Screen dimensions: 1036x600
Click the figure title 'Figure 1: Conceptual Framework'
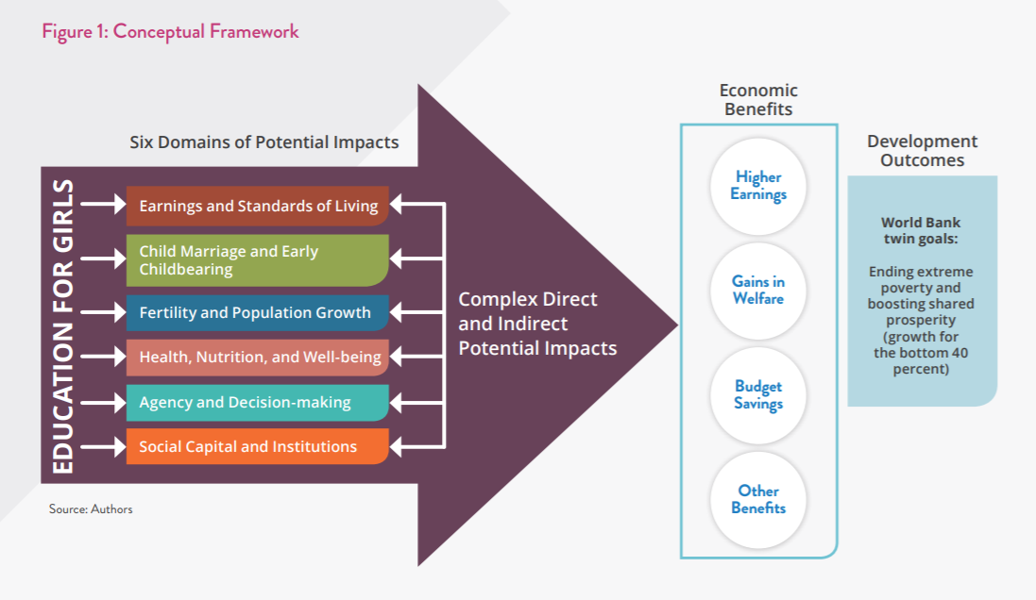171,32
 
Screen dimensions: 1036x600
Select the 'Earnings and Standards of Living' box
258,206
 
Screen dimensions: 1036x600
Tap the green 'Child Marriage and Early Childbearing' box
258,260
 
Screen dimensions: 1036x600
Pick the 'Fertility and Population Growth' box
258,312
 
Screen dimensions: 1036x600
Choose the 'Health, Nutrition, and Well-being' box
258,358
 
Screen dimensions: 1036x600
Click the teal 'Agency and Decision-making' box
258,402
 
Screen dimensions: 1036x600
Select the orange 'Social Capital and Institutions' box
258,447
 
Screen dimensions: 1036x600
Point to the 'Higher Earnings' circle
758,186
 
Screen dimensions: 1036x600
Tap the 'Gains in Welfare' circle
758,291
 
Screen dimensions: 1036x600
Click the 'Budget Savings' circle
758,395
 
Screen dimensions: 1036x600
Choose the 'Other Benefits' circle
758,500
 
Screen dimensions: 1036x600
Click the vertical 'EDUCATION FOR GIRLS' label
62,326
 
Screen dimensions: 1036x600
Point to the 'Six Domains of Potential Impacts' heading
264,142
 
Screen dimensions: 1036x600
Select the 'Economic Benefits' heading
758,100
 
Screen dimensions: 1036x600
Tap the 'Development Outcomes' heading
923,151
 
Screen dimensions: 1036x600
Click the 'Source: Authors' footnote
91,508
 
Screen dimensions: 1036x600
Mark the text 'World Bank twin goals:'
921,230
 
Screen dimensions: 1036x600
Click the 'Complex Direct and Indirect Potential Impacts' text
537,324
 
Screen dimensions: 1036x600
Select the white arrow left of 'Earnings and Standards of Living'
103,204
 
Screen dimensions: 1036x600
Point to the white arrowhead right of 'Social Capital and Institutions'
396,447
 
